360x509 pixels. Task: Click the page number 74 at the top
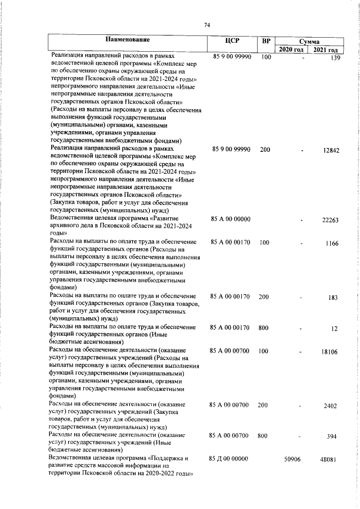tap(207, 25)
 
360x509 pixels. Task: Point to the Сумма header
tap(309, 42)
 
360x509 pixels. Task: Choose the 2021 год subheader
tap(326, 50)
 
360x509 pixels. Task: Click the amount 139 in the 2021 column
tap(336, 58)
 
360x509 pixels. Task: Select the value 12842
tap(330, 150)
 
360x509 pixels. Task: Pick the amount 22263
tap(330, 220)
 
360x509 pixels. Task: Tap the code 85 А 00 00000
tap(229, 218)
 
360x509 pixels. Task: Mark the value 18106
tap(330, 351)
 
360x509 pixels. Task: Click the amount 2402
tap(331, 405)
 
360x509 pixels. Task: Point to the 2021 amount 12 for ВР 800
tap(336, 328)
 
